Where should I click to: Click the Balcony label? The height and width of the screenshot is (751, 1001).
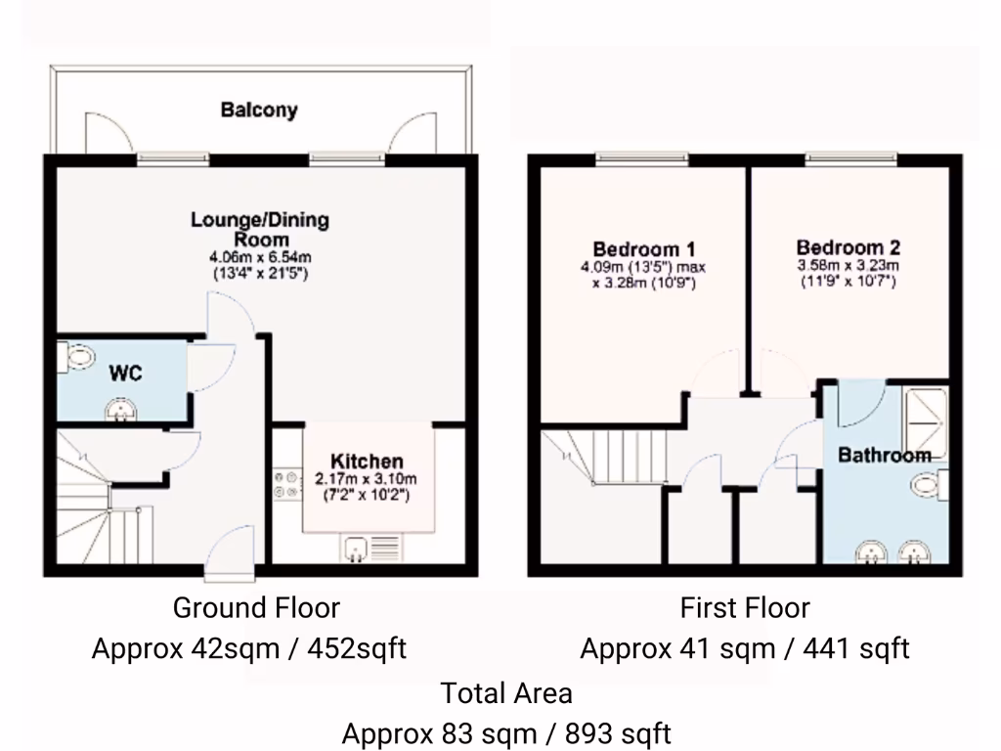point(258,110)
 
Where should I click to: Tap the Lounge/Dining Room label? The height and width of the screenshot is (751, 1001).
point(260,229)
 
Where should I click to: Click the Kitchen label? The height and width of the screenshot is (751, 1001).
point(366,461)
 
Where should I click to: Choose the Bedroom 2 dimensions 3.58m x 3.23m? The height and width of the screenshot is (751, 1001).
point(848,265)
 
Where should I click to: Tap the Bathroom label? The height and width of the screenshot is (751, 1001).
point(884,455)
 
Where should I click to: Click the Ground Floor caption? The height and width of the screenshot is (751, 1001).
point(256,608)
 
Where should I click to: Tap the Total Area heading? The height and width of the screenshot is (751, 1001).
point(505,694)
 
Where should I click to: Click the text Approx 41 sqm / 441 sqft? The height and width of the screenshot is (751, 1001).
point(745,648)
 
